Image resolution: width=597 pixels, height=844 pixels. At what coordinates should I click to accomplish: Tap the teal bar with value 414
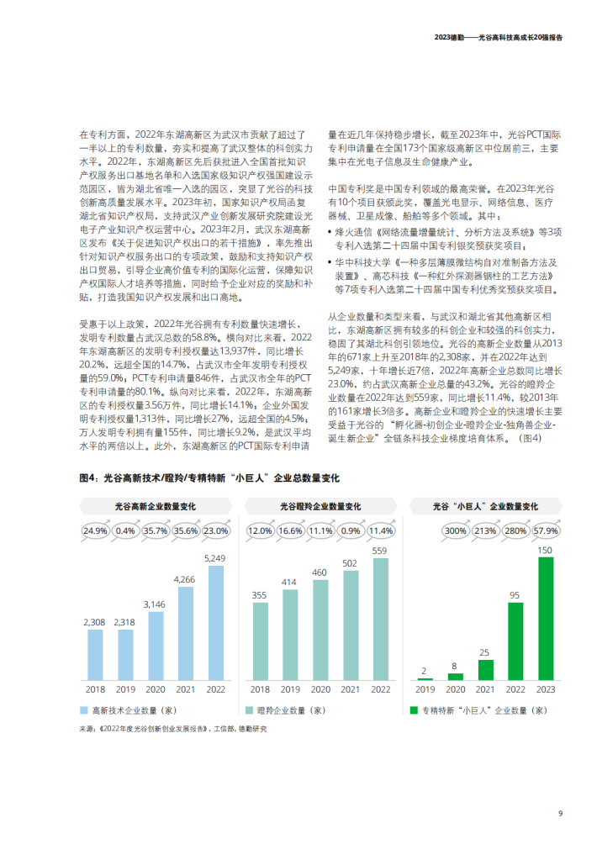(291, 633)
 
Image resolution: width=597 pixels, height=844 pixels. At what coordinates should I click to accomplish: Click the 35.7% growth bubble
(155, 530)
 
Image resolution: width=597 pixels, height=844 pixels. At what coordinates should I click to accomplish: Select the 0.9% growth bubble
(351, 530)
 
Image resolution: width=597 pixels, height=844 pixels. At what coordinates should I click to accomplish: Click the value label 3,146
(155, 604)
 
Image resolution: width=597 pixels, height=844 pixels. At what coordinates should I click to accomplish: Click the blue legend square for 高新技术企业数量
(84, 710)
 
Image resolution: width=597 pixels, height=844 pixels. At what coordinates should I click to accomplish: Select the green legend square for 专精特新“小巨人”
(414, 710)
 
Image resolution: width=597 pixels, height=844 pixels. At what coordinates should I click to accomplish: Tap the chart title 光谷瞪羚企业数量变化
(320, 507)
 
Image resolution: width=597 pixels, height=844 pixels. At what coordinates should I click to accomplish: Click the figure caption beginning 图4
(209, 478)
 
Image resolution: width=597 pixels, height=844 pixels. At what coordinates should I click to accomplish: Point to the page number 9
(560, 812)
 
